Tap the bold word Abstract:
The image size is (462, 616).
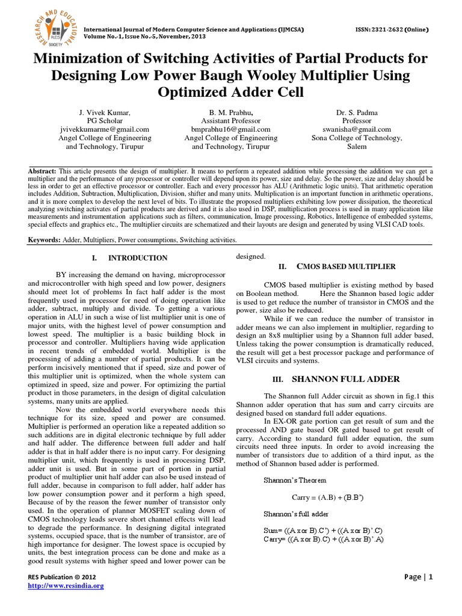42,171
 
